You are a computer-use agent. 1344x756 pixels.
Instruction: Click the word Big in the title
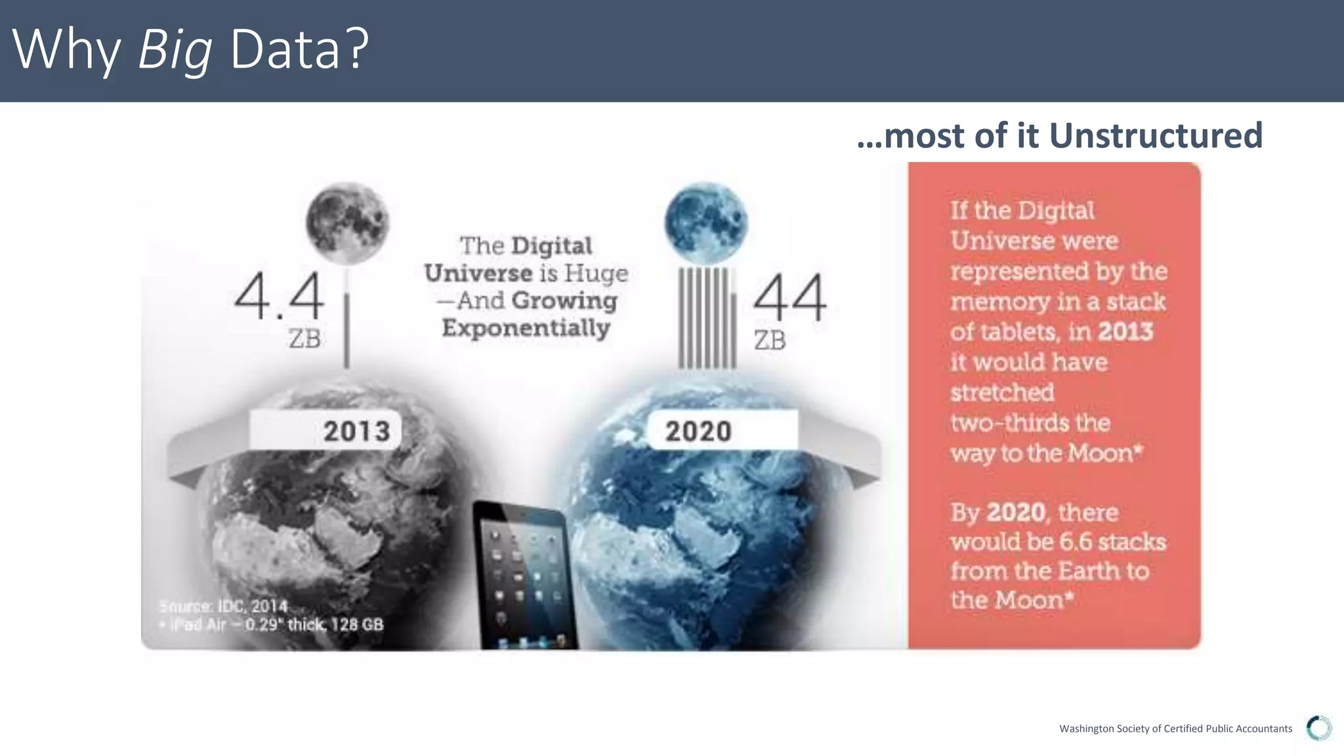[x=175, y=50]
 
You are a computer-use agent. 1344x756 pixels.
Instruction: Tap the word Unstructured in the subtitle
[x=1156, y=136]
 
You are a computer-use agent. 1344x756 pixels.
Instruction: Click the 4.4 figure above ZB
[x=279, y=297]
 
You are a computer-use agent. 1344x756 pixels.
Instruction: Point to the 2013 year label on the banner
[x=356, y=431]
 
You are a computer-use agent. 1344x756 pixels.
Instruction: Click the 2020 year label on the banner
[x=698, y=431]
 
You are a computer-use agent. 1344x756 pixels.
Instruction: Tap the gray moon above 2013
[x=347, y=223]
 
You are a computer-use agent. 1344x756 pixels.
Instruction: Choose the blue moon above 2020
[x=705, y=222]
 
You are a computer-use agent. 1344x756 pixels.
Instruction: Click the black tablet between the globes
[x=526, y=575]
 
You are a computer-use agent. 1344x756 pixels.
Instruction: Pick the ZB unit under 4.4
[x=304, y=339]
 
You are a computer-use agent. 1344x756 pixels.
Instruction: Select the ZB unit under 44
[x=769, y=341]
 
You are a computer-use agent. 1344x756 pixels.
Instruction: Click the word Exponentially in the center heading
[x=526, y=327]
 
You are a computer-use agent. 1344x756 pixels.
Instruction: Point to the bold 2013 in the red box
[x=1125, y=331]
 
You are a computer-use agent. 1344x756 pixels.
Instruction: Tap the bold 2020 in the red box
[x=1016, y=512]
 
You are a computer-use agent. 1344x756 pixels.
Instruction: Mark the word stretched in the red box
[x=1002, y=392]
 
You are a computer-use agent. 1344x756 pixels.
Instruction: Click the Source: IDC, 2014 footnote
[x=224, y=606]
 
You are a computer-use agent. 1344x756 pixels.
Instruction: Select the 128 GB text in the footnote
[x=357, y=624]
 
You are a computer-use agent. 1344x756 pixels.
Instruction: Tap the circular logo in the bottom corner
[x=1318, y=728]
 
